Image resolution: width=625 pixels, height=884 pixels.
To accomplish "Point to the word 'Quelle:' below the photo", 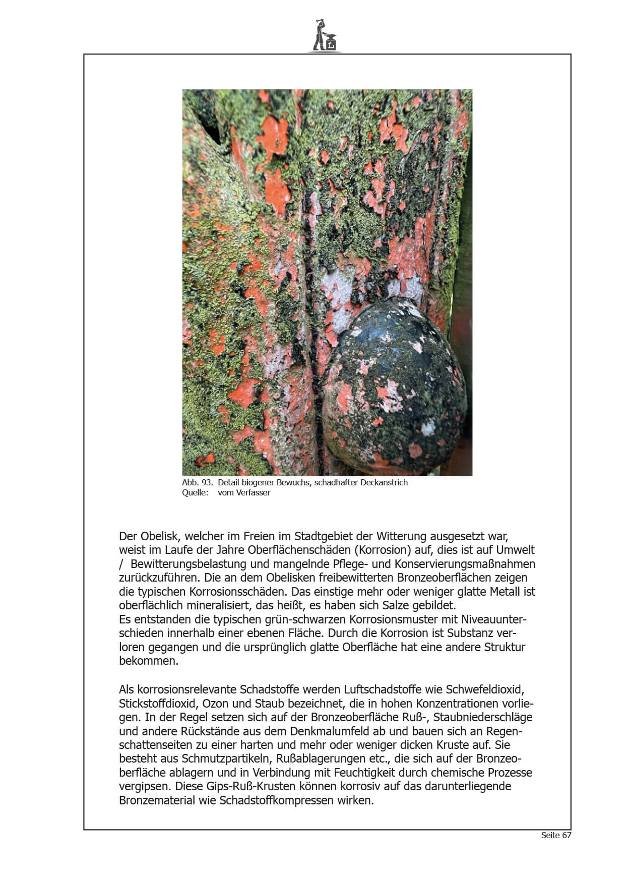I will tap(195, 492).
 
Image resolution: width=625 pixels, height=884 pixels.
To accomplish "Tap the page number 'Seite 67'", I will tap(556, 835).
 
